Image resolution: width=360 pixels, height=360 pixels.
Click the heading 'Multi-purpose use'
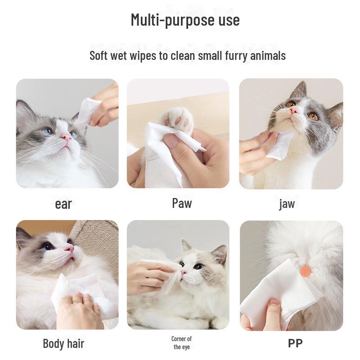(x=185, y=20)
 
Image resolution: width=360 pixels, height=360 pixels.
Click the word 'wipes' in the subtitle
(x=143, y=56)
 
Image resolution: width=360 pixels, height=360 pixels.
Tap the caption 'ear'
(x=63, y=204)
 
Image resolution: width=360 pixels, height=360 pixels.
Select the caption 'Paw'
(x=182, y=203)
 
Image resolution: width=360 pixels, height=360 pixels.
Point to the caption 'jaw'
(x=287, y=204)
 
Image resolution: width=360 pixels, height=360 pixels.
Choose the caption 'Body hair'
(x=63, y=344)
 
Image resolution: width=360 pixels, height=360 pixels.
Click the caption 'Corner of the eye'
(x=181, y=342)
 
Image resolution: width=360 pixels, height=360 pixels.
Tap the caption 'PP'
(x=295, y=343)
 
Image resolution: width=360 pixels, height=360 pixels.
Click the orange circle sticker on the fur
(x=306, y=271)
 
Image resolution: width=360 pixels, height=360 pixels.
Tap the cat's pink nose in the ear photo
(x=66, y=138)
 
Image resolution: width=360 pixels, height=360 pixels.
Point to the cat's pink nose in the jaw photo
(x=294, y=111)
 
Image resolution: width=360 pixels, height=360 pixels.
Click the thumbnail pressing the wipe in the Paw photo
(x=171, y=140)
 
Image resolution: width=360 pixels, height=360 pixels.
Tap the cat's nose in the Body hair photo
(x=70, y=248)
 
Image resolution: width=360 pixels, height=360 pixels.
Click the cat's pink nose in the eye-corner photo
(x=184, y=272)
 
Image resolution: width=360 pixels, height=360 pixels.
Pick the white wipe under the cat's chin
(x=279, y=145)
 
